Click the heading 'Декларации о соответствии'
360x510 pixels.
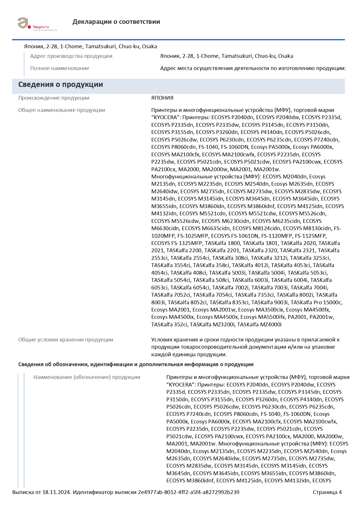pos(116,22)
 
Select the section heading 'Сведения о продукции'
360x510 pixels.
pos(61,85)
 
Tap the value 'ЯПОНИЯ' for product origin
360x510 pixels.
pos(162,98)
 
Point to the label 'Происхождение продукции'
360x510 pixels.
pos(54,98)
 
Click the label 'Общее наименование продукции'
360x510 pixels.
pos(62,110)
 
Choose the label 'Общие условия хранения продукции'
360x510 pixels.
pos(66,340)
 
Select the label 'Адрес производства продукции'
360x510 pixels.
pos(71,56)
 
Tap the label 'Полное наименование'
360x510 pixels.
pos(60,68)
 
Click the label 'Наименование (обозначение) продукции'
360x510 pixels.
pos(87,377)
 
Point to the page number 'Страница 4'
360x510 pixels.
pos(327,492)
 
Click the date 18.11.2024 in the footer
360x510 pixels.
pos(56,492)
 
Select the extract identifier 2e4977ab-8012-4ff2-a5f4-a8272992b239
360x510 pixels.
pos(188,492)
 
